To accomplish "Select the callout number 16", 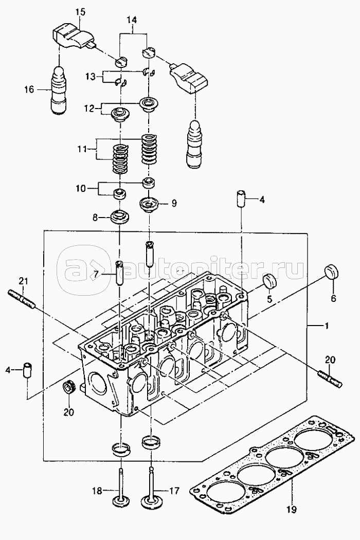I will click(28, 89).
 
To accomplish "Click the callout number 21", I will click(22, 280).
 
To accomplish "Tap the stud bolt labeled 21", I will click(21, 299).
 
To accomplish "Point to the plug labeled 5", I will click(269, 281).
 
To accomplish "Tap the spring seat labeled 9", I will click(150, 204).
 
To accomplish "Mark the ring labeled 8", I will click(120, 217).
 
